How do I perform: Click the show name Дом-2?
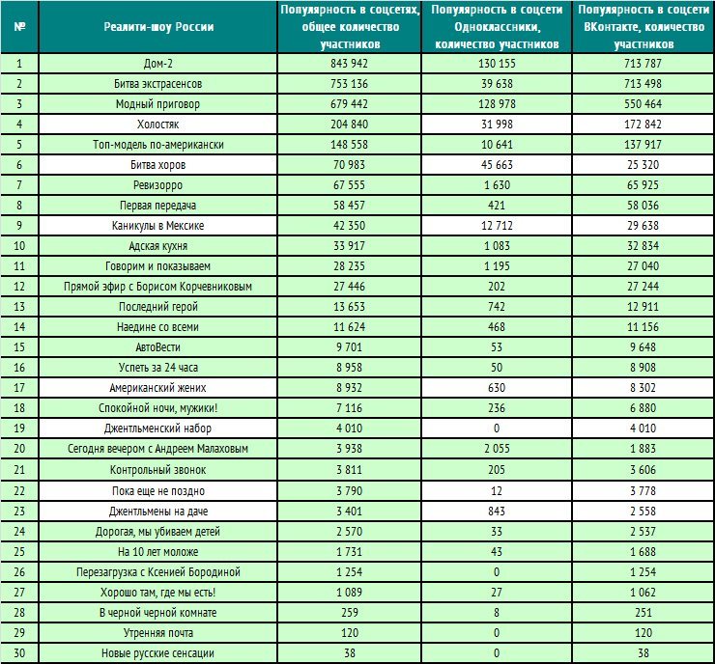(x=157, y=64)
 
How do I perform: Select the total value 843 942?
(x=349, y=64)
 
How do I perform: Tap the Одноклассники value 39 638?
(x=497, y=84)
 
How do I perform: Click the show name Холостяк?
(x=157, y=124)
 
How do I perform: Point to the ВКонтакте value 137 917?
(x=643, y=145)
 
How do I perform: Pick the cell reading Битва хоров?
(x=157, y=165)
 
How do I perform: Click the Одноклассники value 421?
(x=497, y=206)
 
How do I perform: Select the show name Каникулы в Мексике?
(x=157, y=226)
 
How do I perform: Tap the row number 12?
(x=19, y=287)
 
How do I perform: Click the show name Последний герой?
(x=157, y=307)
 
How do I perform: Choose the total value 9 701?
(x=349, y=347)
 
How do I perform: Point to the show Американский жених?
(x=157, y=388)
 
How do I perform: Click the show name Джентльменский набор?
(x=157, y=429)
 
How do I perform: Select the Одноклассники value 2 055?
(x=497, y=449)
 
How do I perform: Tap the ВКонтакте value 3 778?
(x=643, y=491)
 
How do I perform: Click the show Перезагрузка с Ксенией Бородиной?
(x=157, y=572)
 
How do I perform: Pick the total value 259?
(x=349, y=613)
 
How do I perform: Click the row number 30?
(x=19, y=653)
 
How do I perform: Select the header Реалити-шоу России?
(x=158, y=27)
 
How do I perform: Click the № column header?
(x=19, y=27)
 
